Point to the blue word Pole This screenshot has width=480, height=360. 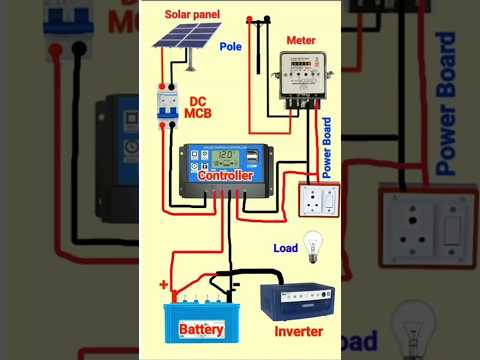pyautogui.click(x=230, y=47)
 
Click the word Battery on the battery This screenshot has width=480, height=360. pyautogui.click(x=201, y=328)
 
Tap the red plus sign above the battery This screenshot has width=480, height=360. pyautogui.click(x=164, y=285)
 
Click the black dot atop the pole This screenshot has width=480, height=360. pyautogui.click(x=262, y=19)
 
